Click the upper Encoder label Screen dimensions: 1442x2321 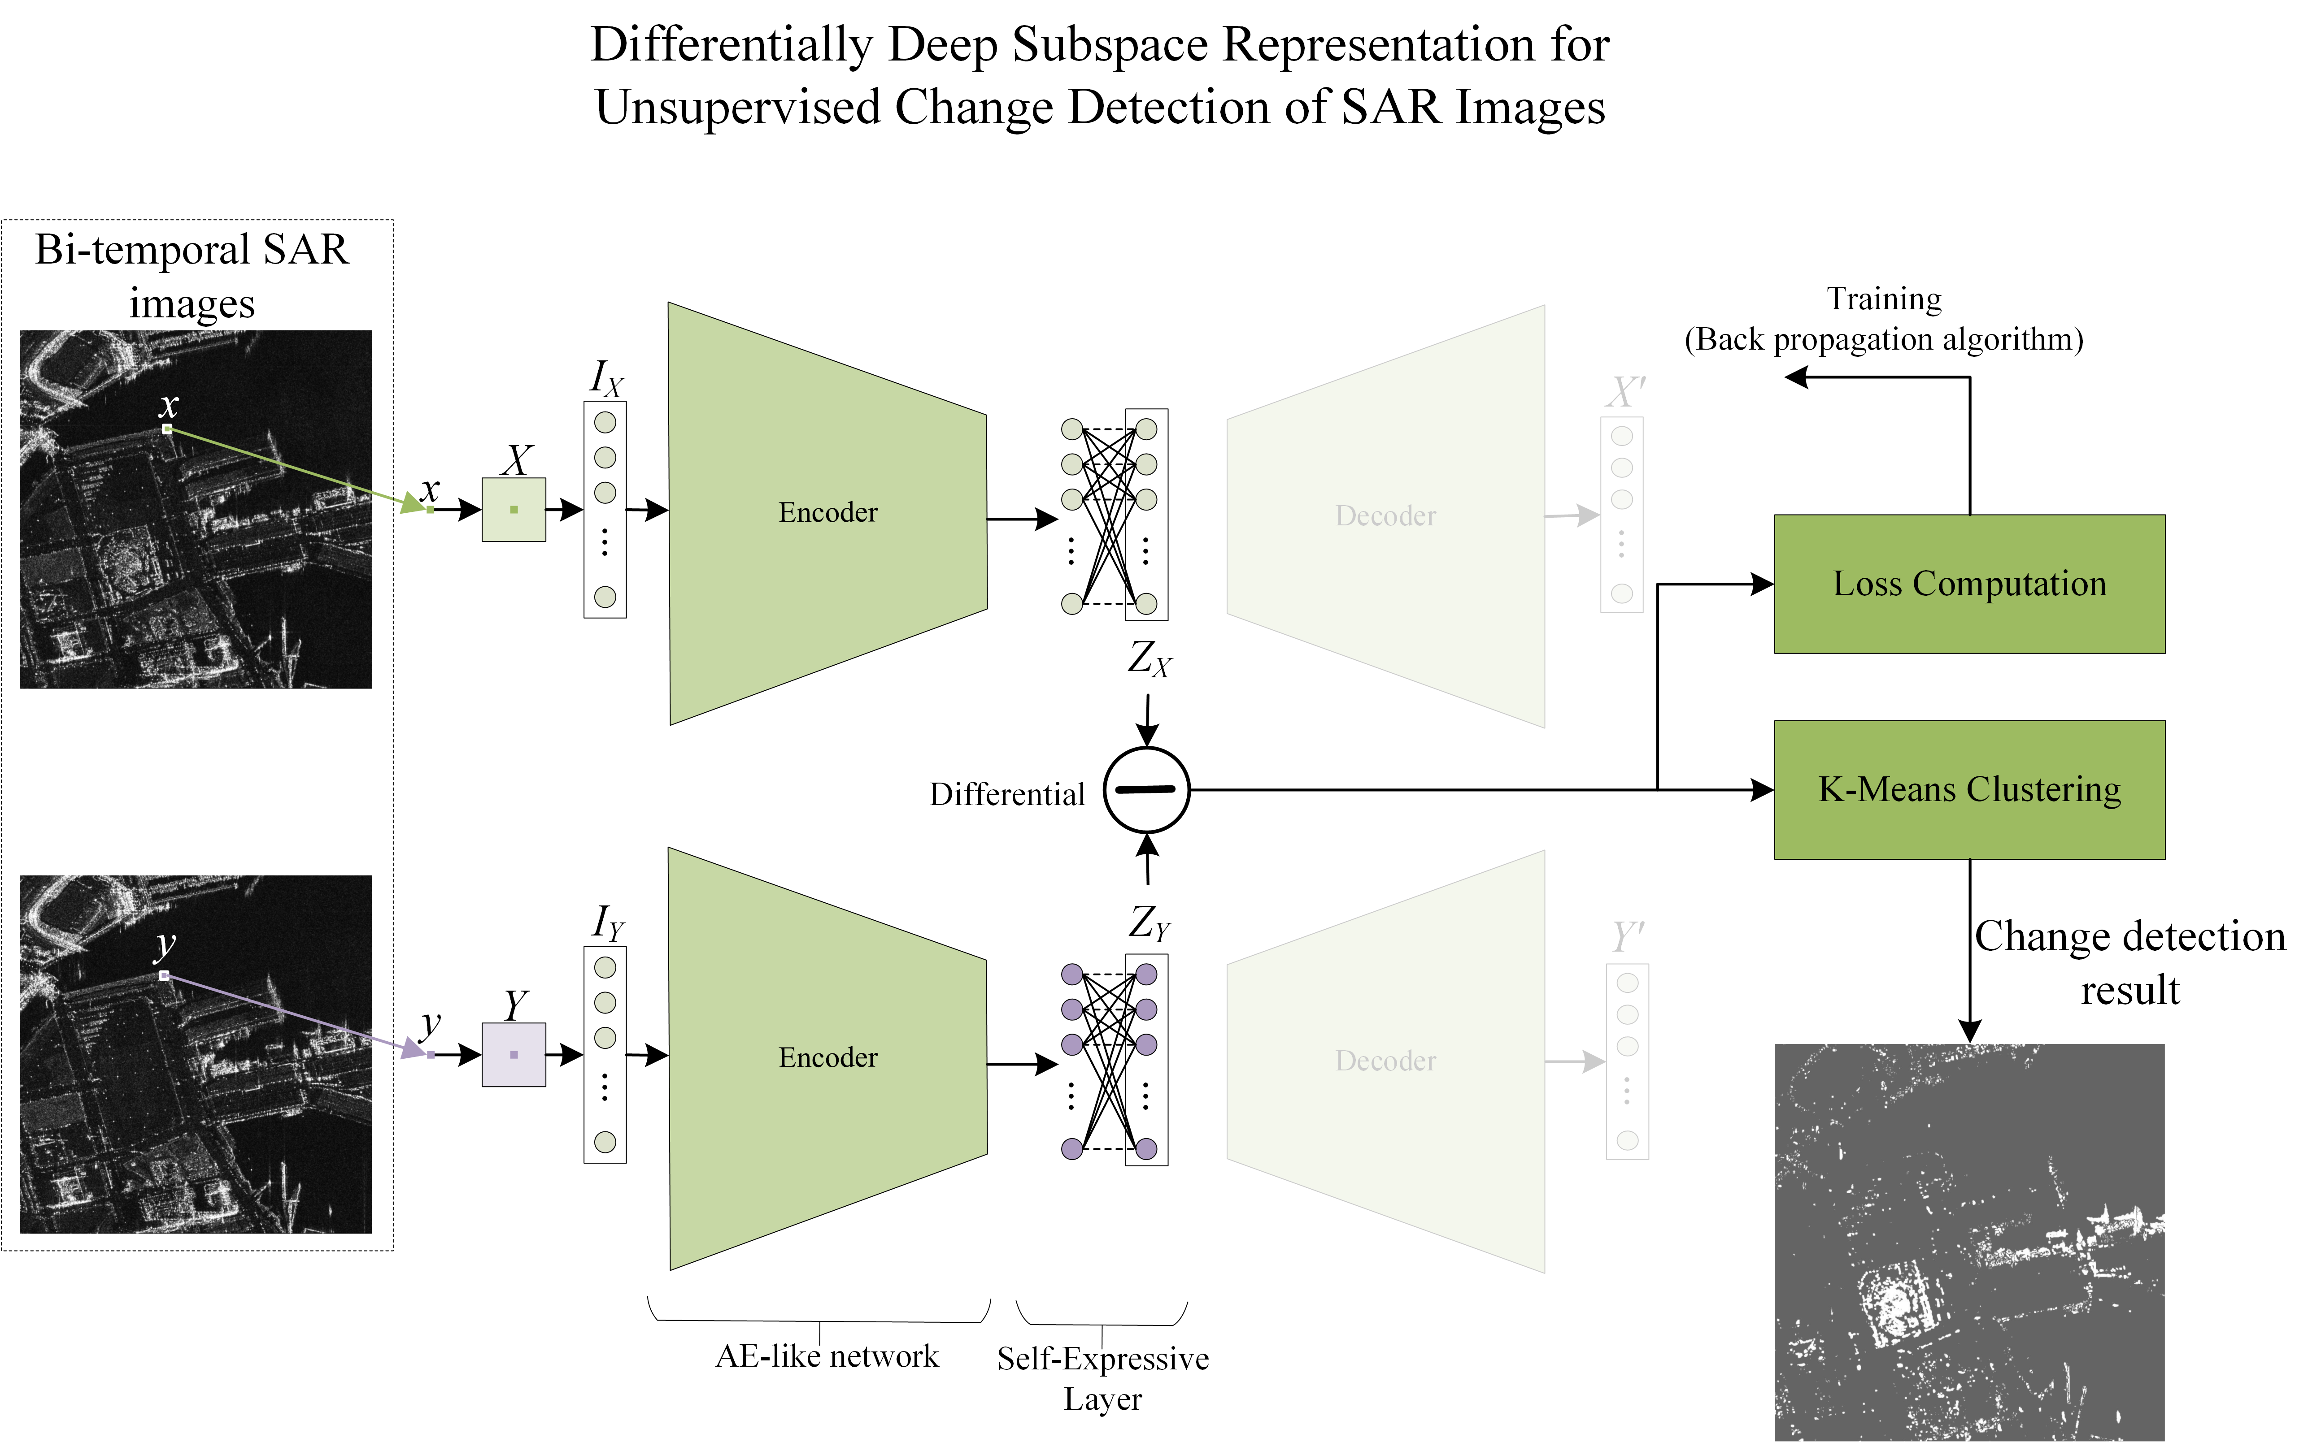[x=827, y=513]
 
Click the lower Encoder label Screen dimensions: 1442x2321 [x=827, y=1058]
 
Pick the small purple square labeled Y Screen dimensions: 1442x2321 [x=513, y=1055]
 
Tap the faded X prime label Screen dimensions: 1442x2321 [x=1624, y=392]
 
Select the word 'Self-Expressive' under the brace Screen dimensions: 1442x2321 [x=1103, y=1358]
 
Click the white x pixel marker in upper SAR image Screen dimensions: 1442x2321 [x=168, y=429]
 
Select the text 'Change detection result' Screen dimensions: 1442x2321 [x=2129, y=962]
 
